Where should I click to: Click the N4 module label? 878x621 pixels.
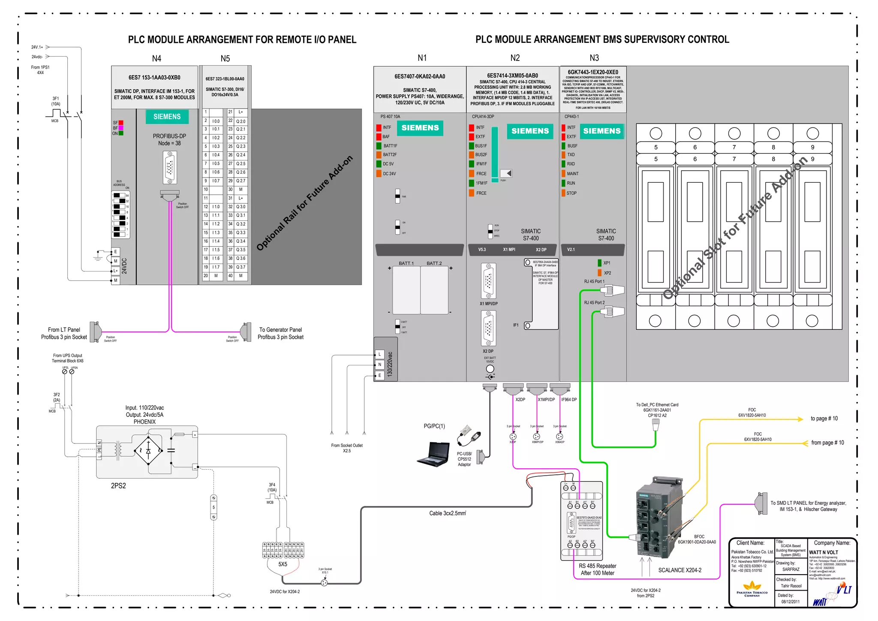[x=156, y=58]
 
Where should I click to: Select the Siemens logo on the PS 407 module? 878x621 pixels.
[x=420, y=128]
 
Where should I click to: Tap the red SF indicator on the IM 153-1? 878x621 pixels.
[x=121, y=123]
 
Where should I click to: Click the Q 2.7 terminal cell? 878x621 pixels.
[x=241, y=181]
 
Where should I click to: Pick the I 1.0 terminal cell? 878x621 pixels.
[x=216, y=207]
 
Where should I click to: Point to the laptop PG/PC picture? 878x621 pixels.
[x=433, y=454]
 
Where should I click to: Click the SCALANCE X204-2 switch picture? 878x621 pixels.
[x=658, y=519]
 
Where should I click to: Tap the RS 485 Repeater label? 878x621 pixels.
[x=598, y=566]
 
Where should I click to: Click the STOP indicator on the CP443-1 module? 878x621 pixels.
[x=564, y=193]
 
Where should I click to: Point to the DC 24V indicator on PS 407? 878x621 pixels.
[x=379, y=174]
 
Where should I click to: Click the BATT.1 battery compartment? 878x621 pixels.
[x=406, y=290]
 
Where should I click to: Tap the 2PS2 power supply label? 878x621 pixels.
[x=118, y=486]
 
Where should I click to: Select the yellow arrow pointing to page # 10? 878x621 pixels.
[x=799, y=419]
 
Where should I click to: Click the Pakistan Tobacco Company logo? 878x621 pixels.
[x=752, y=588]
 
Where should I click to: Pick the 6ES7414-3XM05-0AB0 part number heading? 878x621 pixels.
[x=512, y=75]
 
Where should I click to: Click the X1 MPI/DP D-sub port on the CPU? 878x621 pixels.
[x=488, y=281]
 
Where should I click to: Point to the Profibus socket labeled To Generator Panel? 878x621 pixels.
[x=246, y=331]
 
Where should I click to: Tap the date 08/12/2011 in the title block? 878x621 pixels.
[x=790, y=602]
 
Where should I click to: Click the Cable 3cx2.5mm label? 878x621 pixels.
[x=447, y=513]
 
